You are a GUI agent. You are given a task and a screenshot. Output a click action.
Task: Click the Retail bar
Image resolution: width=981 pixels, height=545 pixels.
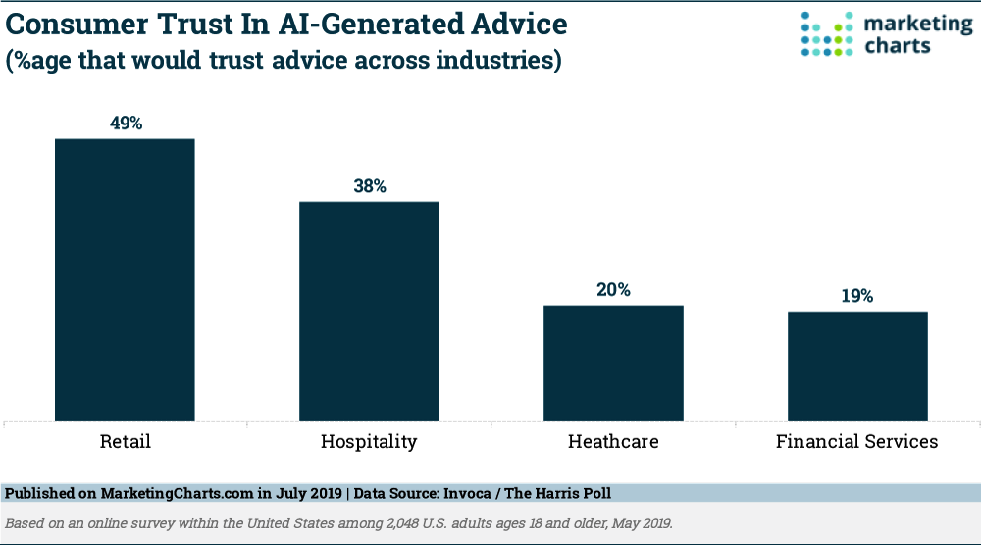click(125, 280)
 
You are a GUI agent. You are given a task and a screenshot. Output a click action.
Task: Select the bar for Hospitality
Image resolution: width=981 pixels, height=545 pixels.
click(369, 312)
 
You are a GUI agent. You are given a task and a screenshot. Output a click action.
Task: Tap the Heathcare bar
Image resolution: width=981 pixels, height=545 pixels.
click(613, 364)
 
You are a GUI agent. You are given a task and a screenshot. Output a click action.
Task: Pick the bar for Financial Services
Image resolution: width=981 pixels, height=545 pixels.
click(857, 367)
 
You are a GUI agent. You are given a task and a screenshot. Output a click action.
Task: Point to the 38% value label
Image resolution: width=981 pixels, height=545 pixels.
click(369, 185)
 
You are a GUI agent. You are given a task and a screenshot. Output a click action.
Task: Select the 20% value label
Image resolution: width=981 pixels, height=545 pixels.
click(613, 289)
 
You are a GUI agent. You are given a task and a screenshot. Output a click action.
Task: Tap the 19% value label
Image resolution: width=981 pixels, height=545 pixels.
click(857, 295)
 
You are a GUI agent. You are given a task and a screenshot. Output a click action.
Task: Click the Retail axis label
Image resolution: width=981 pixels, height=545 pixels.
click(126, 441)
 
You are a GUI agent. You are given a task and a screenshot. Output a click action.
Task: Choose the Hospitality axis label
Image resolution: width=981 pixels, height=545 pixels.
click(369, 442)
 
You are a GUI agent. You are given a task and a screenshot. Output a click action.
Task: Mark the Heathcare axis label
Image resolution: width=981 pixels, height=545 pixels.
click(613, 441)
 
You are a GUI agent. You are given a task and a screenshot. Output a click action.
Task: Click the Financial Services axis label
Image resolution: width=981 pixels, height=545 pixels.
click(856, 441)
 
